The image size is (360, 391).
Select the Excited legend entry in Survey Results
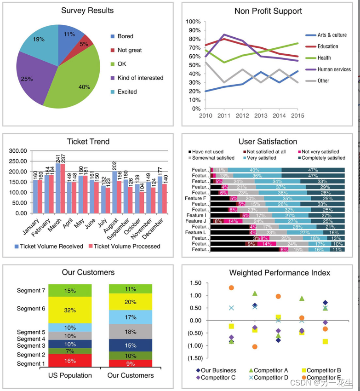[x=127, y=92]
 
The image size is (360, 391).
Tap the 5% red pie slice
[x=86, y=43]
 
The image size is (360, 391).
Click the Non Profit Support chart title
[x=268, y=11]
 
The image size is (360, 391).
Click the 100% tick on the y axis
[x=193, y=22]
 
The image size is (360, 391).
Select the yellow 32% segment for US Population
[x=70, y=310]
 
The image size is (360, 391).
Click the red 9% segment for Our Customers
[x=130, y=363]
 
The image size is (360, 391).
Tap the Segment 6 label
[x=31, y=309]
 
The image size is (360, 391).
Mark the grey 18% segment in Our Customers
[x=130, y=332]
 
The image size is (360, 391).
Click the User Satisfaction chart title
[x=268, y=142]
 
